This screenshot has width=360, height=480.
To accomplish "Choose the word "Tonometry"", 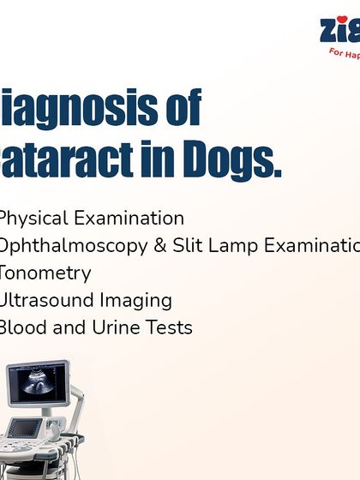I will click(x=45, y=273).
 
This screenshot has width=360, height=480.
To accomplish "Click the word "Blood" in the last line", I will click(x=27, y=328).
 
